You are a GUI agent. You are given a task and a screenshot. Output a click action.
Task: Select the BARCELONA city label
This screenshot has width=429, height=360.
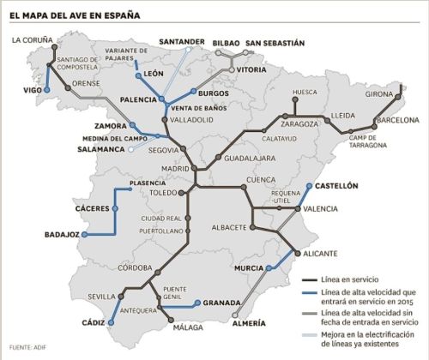[x=396, y=121]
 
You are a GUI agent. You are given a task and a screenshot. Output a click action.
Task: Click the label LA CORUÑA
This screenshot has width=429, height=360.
[x=32, y=39]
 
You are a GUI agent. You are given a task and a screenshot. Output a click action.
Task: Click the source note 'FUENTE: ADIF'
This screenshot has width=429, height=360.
[x=27, y=346]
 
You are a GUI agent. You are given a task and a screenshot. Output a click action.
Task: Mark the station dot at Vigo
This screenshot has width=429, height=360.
[x=47, y=90]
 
